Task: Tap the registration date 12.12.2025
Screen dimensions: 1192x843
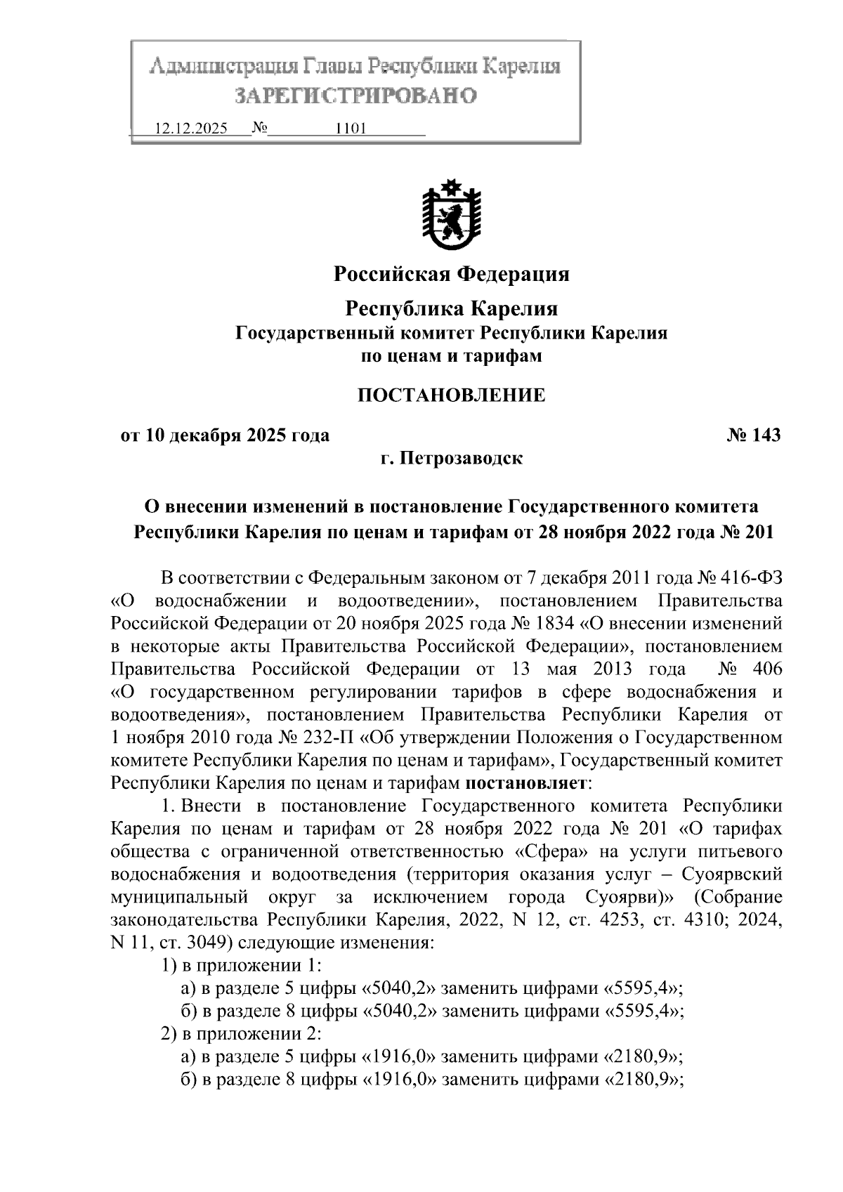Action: [191, 129]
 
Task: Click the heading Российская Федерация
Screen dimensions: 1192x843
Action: [451, 274]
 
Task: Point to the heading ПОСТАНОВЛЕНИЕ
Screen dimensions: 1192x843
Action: [451, 395]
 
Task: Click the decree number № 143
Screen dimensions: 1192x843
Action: [754, 435]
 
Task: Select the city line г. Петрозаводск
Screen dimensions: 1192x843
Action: [451, 459]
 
